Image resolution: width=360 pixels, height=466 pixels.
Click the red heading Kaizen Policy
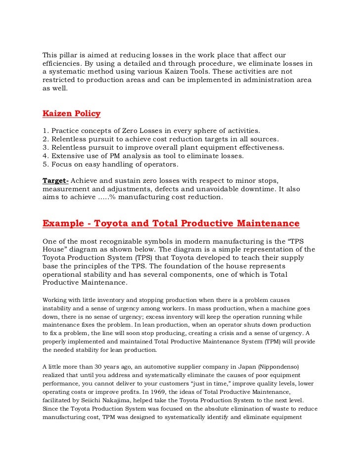click(x=72, y=114)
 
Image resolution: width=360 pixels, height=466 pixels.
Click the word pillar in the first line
click(x=71, y=54)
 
